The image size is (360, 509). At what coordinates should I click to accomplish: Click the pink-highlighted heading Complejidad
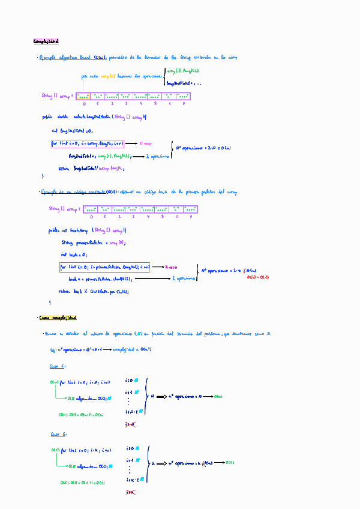point(46,41)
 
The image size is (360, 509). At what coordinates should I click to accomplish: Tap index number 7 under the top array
point(184,104)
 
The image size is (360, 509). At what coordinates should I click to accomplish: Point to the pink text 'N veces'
point(146,144)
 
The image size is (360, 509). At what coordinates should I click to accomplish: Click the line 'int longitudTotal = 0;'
point(72,131)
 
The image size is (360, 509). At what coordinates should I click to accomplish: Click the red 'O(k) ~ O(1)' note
point(258,277)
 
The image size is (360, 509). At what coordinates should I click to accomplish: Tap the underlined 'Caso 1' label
point(58,366)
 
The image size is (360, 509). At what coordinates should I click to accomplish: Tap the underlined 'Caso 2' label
point(58,433)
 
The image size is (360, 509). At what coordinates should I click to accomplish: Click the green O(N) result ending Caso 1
point(219,396)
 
